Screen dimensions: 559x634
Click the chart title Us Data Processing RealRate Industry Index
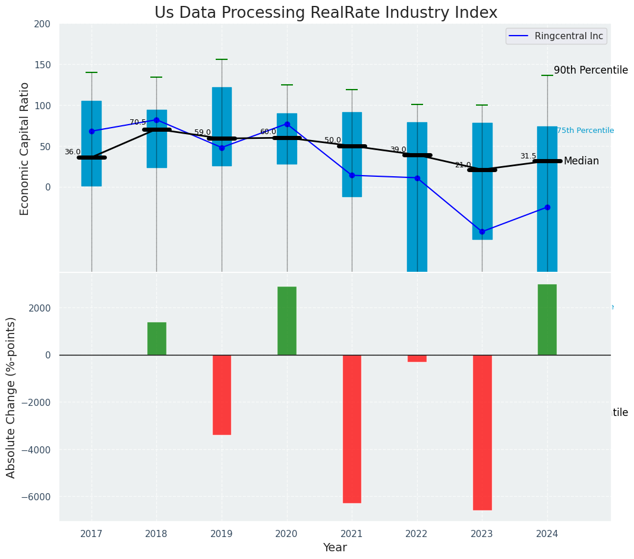click(326, 13)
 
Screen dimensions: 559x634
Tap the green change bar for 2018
click(157, 339)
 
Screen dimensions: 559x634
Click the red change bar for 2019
click(222, 395)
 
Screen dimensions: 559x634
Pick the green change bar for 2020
click(287, 321)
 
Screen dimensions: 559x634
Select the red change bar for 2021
click(352, 428)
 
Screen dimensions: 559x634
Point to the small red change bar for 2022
click(417, 358)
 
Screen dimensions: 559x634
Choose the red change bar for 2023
click(482, 432)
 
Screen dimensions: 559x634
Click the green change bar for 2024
click(547, 320)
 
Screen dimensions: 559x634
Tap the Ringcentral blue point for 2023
click(482, 231)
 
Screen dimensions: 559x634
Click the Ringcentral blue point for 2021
click(352, 175)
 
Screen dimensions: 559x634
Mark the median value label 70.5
click(138, 122)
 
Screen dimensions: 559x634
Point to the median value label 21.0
click(463, 165)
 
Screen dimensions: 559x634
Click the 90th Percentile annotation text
click(591, 70)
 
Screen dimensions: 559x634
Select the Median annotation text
click(581, 161)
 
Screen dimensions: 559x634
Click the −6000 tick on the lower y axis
click(38, 497)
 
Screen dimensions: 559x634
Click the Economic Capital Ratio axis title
click(25, 148)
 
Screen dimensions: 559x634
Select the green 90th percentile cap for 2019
click(222, 59)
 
